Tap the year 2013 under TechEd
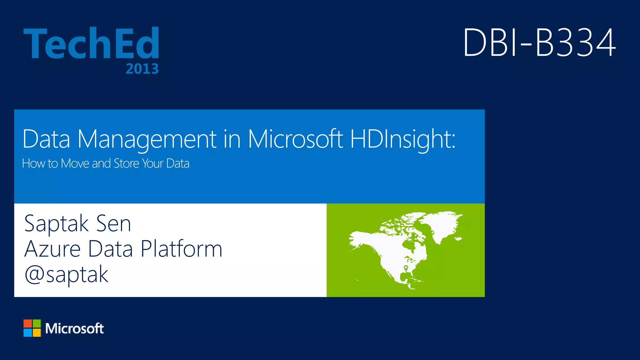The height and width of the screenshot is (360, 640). point(142,69)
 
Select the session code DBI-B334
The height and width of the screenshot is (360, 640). point(539,42)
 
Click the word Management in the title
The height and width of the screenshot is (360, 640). point(147,139)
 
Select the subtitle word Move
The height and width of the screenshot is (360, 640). point(75,163)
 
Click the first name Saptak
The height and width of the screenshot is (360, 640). point(56,224)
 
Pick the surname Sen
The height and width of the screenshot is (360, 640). point(113,224)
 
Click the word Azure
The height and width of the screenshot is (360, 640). point(52,249)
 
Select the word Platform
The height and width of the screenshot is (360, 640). point(181,249)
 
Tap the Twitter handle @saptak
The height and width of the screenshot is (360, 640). point(66,275)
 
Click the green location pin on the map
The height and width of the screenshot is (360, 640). point(406,268)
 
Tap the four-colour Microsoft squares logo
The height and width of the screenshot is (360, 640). point(32,328)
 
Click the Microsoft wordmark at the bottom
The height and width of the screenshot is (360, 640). point(74,328)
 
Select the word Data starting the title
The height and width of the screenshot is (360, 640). point(46,139)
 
